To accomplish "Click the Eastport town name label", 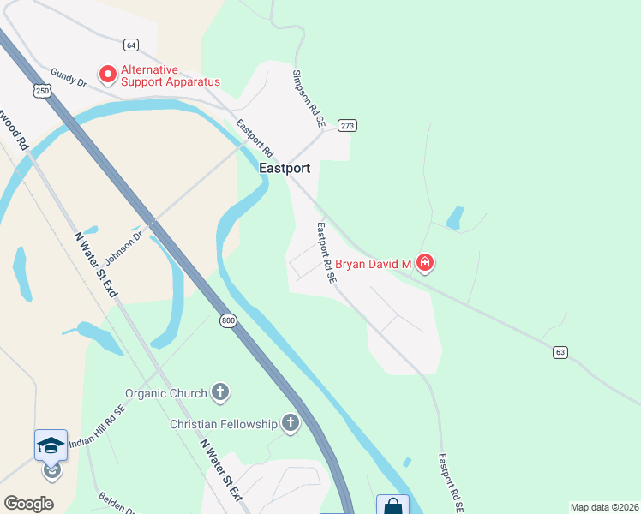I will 285,169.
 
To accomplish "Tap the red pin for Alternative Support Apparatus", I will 108,75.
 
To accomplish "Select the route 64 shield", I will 130,45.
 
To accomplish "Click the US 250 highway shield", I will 43,90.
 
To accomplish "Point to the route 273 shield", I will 347,126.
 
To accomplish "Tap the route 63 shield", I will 560,352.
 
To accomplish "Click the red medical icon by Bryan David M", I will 425,264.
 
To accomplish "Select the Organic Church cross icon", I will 220,393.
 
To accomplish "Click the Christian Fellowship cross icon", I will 291,423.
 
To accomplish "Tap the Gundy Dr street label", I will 69,78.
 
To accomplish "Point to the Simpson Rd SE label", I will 309,99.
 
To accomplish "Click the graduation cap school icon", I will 51,445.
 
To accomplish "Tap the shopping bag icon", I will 392,506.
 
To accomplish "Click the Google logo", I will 28,504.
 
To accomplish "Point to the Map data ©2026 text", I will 604,507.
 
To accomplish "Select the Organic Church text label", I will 166,393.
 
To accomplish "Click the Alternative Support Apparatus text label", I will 171,75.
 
